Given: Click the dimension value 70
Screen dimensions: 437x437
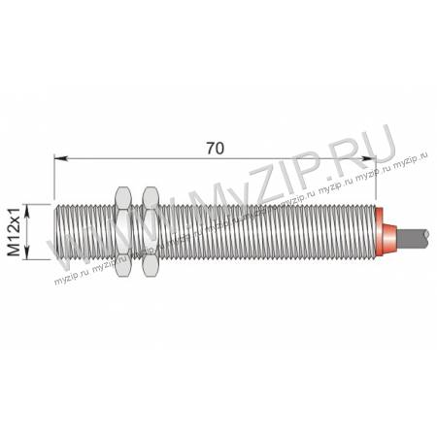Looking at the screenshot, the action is point(216,149).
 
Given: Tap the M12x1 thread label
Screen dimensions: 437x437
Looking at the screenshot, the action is point(15,232).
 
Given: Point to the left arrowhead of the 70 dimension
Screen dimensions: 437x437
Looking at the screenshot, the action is point(61,158).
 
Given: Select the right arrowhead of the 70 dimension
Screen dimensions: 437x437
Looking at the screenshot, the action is point(369,158).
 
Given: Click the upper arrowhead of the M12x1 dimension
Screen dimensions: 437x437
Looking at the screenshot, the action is point(27,211).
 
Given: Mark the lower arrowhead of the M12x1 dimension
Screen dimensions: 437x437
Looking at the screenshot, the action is point(27,252).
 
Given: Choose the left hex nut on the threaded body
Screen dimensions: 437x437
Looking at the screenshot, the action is point(123,232).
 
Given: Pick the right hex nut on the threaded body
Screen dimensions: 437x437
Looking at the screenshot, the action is point(151,232).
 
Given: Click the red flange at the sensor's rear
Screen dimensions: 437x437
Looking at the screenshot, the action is point(379,232).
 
